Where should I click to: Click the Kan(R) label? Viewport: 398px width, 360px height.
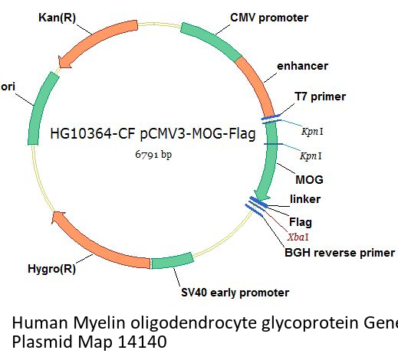pyautogui.click(x=58, y=18)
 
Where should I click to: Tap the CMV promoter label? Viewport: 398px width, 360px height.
pyautogui.click(x=269, y=18)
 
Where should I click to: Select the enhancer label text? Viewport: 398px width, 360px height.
pyautogui.click(x=302, y=66)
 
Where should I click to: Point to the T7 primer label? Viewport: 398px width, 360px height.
pyautogui.click(x=320, y=97)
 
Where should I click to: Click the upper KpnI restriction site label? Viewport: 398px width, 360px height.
pyautogui.click(x=312, y=132)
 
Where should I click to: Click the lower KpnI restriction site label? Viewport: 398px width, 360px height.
pyautogui.click(x=311, y=155)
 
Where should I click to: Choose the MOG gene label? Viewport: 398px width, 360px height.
pyautogui.click(x=309, y=180)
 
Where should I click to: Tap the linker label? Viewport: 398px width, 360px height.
pyautogui.click(x=305, y=199)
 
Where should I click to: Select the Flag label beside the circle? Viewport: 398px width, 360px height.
pyautogui.click(x=301, y=222)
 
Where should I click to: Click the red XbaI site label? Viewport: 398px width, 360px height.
pyautogui.click(x=298, y=237)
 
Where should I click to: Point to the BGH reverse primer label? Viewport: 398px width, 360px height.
pyautogui.click(x=340, y=253)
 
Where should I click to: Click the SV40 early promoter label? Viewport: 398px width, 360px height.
pyautogui.click(x=235, y=293)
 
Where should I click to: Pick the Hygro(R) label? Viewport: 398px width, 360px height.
pyautogui.click(x=51, y=269)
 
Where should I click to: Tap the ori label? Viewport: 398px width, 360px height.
pyautogui.click(x=8, y=87)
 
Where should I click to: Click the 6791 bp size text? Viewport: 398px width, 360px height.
pyautogui.click(x=153, y=155)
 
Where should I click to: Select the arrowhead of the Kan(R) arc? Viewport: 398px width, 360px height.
pyautogui.click(x=64, y=61)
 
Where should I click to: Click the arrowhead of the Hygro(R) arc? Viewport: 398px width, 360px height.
pyautogui.click(x=58, y=217)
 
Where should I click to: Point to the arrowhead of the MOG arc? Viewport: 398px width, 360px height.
pyautogui.click(x=261, y=195)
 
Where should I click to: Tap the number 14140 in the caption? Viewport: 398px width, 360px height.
pyautogui.click(x=143, y=342)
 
